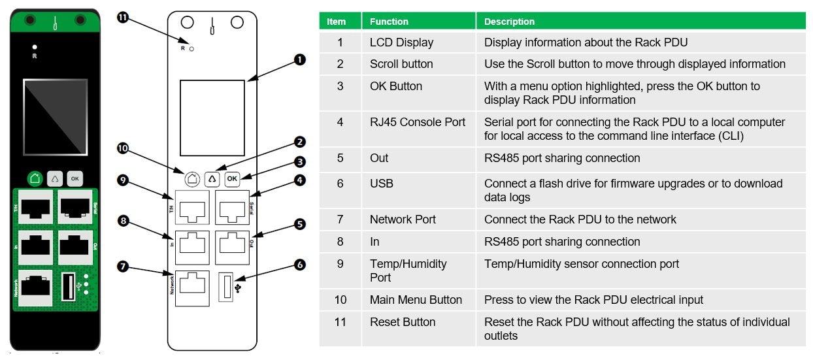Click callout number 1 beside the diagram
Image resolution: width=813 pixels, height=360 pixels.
click(x=299, y=59)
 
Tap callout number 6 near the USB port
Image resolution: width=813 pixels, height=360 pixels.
click(x=299, y=265)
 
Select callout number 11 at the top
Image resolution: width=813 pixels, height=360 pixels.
click(x=122, y=18)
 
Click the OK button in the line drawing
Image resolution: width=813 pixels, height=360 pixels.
click(x=232, y=178)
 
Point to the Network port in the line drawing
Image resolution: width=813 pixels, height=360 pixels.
click(x=192, y=288)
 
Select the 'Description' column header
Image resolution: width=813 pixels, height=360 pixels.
click(x=509, y=22)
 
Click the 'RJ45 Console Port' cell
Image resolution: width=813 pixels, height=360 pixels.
click(x=417, y=122)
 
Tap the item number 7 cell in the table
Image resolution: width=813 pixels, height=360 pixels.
click(x=340, y=220)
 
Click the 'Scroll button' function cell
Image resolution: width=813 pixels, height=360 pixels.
click(x=401, y=64)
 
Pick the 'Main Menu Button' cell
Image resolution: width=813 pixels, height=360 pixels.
click(x=416, y=300)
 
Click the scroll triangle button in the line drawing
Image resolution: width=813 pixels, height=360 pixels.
click(x=212, y=178)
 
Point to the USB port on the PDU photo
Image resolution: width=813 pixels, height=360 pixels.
click(x=69, y=286)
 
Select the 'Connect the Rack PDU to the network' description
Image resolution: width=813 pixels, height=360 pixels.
click(x=580, y=220)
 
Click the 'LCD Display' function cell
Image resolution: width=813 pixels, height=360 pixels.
click(x=401, y=42)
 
